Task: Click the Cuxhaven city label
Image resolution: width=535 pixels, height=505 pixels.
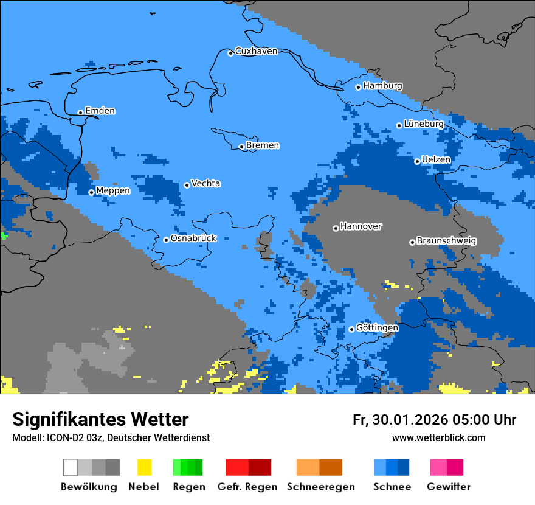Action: click(256, 51)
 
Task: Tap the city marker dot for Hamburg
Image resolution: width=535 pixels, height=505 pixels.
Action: click(358, 87)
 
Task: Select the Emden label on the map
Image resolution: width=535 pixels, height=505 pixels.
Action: click(100, 111)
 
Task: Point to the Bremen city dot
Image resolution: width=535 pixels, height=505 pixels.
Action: click(241, 147)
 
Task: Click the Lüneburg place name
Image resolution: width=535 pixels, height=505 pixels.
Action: click(423, 124)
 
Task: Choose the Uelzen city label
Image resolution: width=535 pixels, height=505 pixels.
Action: click(436, 159)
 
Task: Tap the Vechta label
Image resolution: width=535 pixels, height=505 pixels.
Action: click(205, 183)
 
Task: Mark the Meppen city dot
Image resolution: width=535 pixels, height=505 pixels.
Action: click(91, 192)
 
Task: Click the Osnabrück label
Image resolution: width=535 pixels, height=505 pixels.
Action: click(193, 239)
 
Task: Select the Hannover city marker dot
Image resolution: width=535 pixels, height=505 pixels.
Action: click(336, 228)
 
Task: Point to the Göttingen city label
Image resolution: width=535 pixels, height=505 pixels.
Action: click(377, 327)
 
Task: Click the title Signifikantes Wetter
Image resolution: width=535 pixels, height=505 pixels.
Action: click(100, 419)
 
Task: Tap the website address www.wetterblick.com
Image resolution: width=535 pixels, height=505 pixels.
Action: click(438, 437)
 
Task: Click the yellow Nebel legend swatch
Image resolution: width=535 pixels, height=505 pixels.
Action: click(144, 467)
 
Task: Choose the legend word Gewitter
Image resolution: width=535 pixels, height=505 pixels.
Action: click(448, 487)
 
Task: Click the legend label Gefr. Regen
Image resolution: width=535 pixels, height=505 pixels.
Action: click(247, 487)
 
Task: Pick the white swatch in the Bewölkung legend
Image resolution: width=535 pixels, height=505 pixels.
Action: click(71, 467)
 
